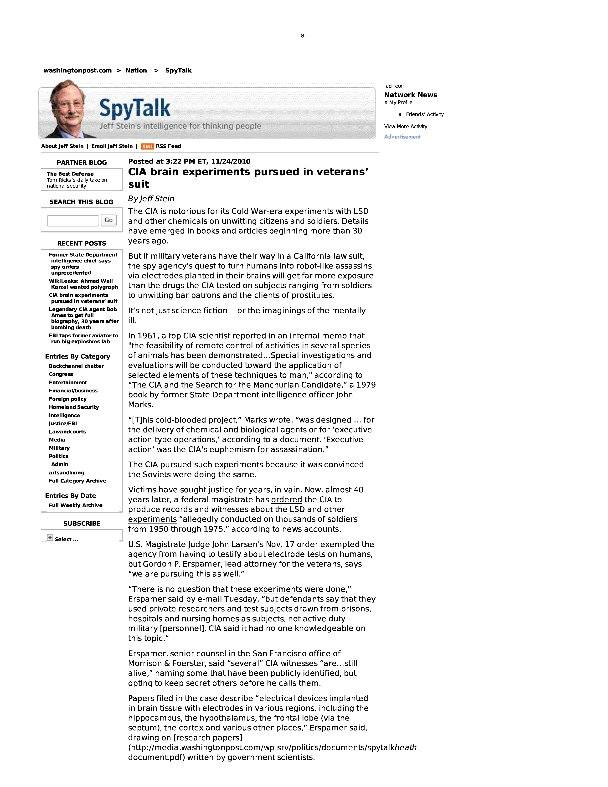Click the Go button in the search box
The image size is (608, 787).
point(108,220)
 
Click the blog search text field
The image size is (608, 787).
point(73,221)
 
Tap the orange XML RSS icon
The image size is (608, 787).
point(147,146)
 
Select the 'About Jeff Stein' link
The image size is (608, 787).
point(62,146)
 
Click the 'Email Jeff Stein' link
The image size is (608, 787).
point(112,146)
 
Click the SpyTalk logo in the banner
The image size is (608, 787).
point(135,108)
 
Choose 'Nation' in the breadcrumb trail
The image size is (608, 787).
point(136,71)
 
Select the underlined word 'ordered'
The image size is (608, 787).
point(287,499)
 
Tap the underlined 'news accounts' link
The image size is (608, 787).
point(310,529)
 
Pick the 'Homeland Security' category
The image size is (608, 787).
point(74,407)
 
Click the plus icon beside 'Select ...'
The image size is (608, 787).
point(50,538)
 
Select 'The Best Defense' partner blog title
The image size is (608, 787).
point(70,174)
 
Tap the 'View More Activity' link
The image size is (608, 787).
point(406,127)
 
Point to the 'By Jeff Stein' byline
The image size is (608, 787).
point(151,199)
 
